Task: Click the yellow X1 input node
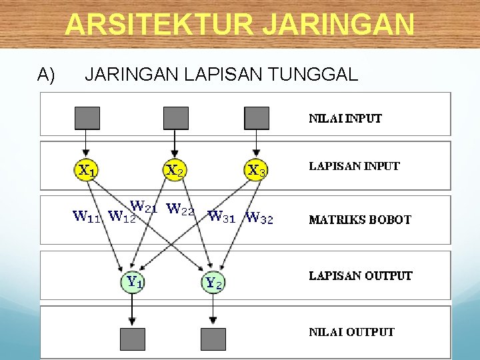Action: tap(86, 170)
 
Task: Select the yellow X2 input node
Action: tap(175, 170)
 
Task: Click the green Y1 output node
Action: tap(133, 282)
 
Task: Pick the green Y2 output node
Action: tap(213, 283)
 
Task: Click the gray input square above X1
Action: tap(87, 118)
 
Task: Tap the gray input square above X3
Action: tap(257, 118)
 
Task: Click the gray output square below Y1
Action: tap(133, 339)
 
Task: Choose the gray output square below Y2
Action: tap(213, 339)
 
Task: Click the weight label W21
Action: tap(143, 206)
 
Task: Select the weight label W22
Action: tap(180, 210)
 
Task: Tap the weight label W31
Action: tap(222, 216)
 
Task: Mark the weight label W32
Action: tap(259, 217)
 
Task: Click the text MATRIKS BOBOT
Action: tap(360, 219)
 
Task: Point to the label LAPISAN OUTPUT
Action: tap(361, 275)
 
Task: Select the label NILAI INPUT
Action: tap(345, 119)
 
